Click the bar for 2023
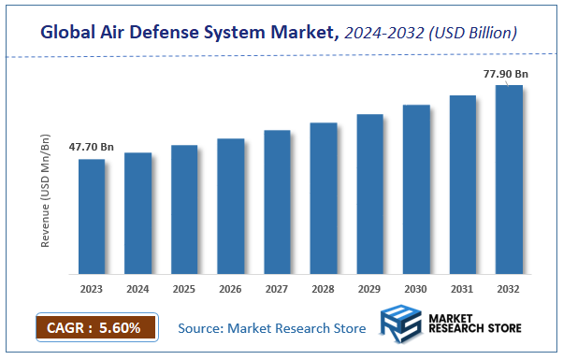pos(92,216)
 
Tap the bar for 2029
pos(370,194)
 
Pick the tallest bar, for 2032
pos(509,180)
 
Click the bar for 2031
pos(463,184)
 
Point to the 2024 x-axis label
pos(137,289)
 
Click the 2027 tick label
pos(277,289)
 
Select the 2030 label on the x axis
pos(416,289)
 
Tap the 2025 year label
pos(184,289)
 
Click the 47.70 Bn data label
pos(92,147)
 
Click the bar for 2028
pos(324,198)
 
